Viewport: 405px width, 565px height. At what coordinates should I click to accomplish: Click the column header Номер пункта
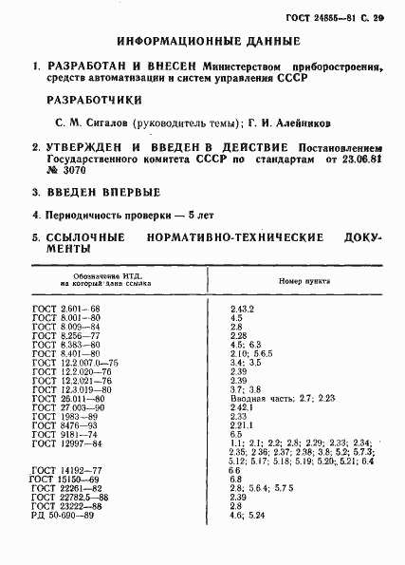302,282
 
